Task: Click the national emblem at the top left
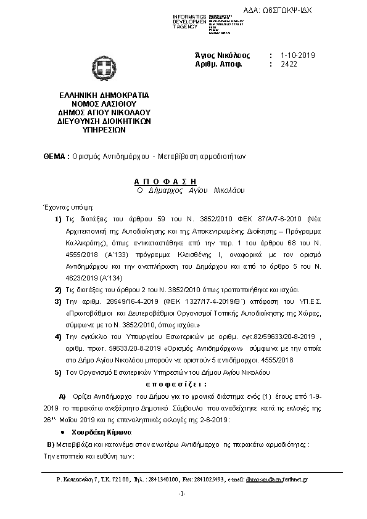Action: point(99,68)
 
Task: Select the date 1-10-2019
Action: point(297,55)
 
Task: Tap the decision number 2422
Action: point(289,63)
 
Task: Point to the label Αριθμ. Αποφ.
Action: point(218,63)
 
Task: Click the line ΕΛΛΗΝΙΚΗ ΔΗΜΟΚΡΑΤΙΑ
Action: point(100,96)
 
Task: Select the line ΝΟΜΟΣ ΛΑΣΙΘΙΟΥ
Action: point(100,105)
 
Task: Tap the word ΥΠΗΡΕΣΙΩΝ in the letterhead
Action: point(100,131)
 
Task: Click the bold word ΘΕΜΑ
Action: point(50,157)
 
